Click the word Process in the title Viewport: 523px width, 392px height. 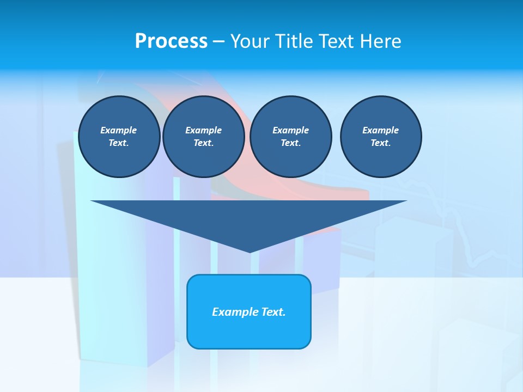pos(171,41)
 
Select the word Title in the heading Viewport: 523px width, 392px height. pos(294,41)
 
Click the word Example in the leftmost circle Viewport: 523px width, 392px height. pos(119,130)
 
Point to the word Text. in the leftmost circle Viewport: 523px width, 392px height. pos(119,143)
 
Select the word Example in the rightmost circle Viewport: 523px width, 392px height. pos(380,130)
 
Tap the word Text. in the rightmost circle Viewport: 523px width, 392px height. pos(380,143)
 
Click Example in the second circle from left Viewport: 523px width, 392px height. pos(203,130)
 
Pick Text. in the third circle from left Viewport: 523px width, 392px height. pos(290,143)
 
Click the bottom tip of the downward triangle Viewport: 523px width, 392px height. pos(250,251)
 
